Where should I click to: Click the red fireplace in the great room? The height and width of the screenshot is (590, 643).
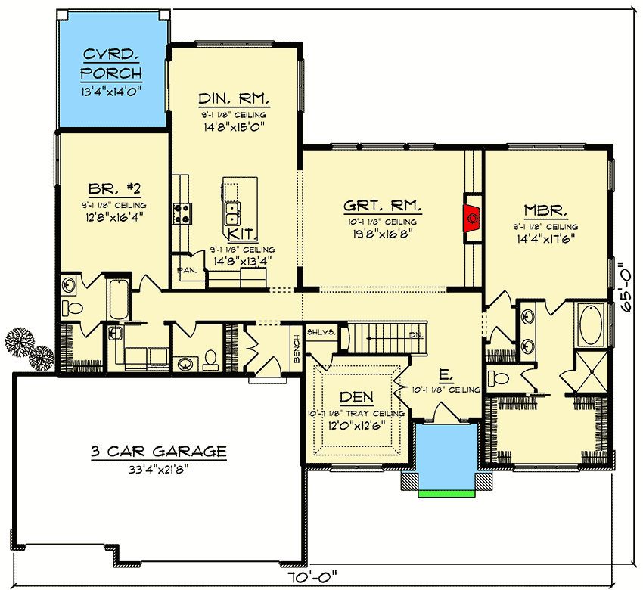[472, 217]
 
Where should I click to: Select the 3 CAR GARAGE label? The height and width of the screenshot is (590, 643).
[159, 452]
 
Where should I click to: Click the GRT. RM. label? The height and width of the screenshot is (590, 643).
[383, 206]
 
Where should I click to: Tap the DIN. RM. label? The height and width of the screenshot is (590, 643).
[234, 100]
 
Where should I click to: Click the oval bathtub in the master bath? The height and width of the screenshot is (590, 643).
[590, 323]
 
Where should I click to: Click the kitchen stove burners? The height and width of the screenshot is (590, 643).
[182, 213]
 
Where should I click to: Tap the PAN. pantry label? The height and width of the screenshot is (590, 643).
[187, 269]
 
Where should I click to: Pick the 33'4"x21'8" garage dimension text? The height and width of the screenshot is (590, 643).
[159, 469]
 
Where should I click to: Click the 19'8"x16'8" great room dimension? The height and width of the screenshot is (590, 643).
[383, 234]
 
